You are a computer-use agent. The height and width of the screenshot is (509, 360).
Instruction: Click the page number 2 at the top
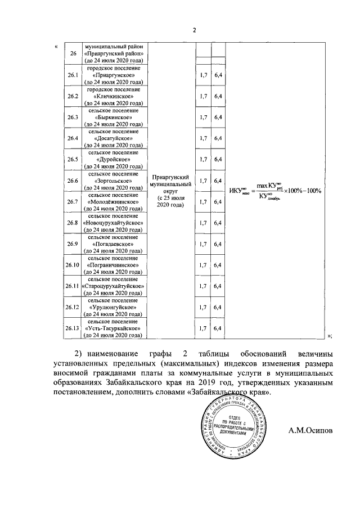coord(194,30)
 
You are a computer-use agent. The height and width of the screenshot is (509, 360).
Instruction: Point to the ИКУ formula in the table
coord(274,190)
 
